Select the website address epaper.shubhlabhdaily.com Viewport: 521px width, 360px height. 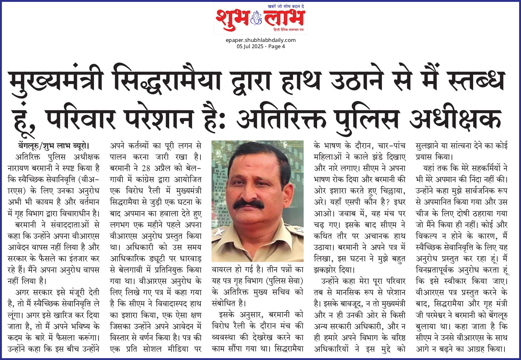point(260,40)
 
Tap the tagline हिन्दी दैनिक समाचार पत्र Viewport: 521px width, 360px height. point(288,29)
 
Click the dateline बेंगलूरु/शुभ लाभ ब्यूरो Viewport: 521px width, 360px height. point(54,146)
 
